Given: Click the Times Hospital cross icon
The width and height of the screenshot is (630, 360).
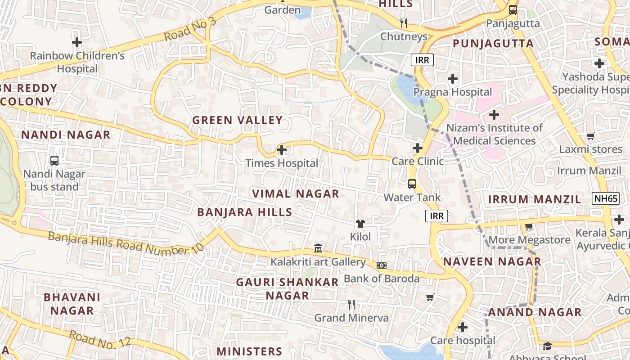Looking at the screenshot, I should (282, 149).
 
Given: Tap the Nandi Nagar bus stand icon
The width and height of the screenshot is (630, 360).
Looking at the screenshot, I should (54, 160).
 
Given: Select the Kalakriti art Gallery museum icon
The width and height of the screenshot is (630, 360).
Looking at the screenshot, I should (318, 248).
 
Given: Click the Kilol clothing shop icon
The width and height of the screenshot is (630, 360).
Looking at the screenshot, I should (360, 223).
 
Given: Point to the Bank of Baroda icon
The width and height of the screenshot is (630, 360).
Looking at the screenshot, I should (381, 265).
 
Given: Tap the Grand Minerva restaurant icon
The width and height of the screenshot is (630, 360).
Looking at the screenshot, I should (351, 305).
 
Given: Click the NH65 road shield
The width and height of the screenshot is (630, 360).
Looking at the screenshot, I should (605, 198).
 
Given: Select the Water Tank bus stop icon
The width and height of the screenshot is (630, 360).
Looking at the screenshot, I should (412, 184).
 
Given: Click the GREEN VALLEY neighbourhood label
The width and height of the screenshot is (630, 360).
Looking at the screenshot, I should (237, 120).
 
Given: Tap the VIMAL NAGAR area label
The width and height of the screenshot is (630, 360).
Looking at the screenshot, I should (295, 194).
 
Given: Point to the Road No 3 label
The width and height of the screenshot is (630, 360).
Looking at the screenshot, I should (190, 31).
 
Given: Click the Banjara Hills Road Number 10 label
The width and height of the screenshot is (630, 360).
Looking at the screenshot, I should (126, 243).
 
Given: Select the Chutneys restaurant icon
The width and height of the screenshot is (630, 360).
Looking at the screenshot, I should (404, 23).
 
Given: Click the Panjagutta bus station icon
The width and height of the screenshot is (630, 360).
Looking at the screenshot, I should (513, 10).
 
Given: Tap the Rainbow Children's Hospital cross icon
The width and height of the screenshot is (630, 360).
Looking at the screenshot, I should (77, 42).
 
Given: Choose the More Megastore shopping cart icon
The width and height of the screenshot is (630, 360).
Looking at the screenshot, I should (529, 227).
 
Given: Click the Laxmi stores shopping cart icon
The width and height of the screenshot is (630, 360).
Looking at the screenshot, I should (590, 136).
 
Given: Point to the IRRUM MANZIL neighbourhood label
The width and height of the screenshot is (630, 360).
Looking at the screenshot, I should (535, 199).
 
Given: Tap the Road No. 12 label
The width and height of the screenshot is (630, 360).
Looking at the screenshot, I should (100, 339).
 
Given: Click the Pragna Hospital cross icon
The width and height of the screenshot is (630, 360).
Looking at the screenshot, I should (453, 79).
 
